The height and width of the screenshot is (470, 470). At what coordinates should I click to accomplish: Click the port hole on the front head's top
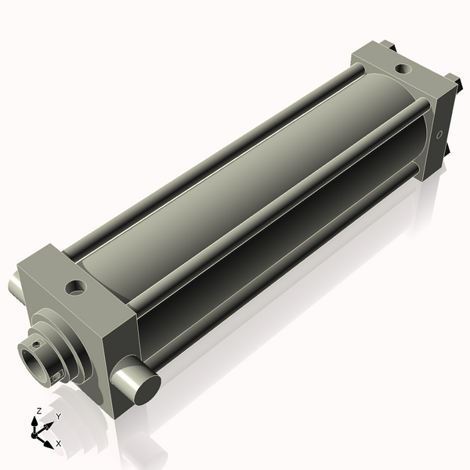coord(76,287)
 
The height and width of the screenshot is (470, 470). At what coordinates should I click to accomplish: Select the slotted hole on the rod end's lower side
coord(56,378)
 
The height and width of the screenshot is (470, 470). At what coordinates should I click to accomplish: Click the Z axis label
coord(38,410)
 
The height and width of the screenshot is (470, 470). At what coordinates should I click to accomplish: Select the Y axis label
coord(58,416)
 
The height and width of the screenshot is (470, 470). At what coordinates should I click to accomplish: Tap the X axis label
coord(59,443)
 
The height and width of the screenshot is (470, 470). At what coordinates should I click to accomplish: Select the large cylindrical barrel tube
coord(235,180)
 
